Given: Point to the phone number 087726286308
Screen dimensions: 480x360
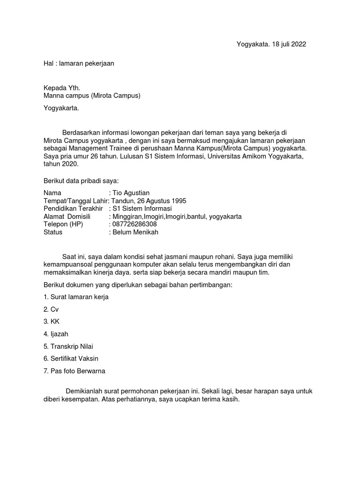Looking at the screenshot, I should (134, 224).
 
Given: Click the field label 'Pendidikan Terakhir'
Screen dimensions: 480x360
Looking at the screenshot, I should (73, 209).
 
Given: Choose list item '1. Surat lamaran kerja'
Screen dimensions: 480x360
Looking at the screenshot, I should (76, 297).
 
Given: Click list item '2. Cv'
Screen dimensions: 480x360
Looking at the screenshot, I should (51, 309).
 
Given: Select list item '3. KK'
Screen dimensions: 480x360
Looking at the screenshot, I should (52, 322).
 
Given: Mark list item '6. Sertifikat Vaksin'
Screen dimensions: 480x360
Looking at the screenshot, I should (71, 359).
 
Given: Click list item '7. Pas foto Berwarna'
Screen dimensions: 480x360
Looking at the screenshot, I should (75, 371).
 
